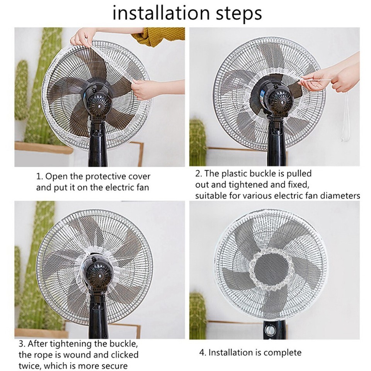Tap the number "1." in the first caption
click(x=40, y=177)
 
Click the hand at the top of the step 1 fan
click(x=82, y=37)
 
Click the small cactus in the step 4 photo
click(x=197, y=315)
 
